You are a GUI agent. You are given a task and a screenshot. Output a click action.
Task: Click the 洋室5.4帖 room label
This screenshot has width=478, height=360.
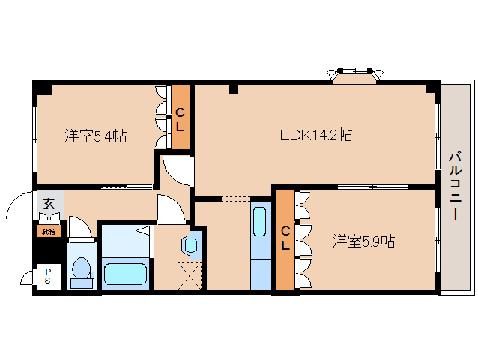click(x=94, y=136)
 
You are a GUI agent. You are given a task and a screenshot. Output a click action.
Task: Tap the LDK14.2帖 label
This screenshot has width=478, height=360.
click(x=316, y=136)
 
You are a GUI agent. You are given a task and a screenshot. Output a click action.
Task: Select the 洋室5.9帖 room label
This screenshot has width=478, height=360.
click(x=364, y=241)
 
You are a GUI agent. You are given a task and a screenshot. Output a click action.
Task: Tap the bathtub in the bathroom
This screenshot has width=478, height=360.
click(x=126, y=274)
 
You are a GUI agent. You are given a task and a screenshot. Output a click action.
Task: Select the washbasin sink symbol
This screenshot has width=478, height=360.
click(x=190, y=244)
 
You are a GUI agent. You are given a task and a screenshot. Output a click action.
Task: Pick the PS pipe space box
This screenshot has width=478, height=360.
click(x=48, y=276)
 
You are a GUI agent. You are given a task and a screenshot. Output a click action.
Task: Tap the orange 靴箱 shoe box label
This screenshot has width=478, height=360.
click(x=48, y=232)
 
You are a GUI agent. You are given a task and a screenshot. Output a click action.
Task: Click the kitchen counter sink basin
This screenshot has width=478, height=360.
click(x=259, y=223)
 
